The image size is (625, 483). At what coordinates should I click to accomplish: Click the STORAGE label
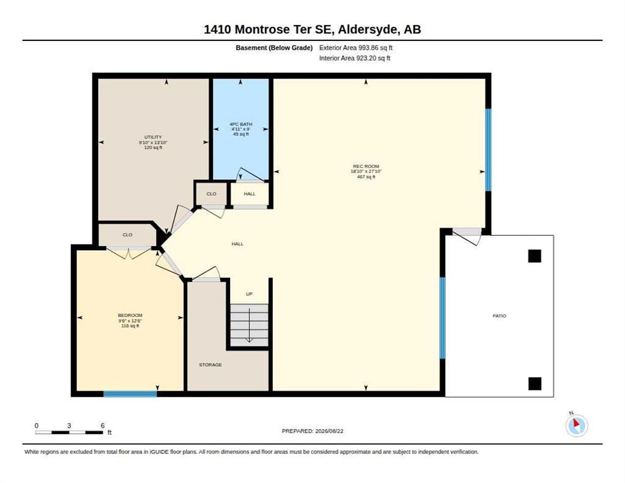point(211,365)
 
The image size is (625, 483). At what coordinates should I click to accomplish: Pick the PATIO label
point(499,316)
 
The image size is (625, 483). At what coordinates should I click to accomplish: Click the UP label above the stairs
point(249,294)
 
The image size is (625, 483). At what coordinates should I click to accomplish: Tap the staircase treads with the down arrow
point(250,325)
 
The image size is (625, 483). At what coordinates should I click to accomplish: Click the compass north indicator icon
point(577,425)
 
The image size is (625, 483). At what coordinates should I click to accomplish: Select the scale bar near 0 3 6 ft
point(69,432)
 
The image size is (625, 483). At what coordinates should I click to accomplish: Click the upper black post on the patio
point(534,256)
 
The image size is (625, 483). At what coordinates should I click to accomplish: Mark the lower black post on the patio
point(534,384)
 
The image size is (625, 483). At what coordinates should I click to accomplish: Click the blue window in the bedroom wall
point(130,394)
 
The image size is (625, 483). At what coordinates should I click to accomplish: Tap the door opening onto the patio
point(467,236)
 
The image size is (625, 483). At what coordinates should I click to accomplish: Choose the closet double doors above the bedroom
point(129,253)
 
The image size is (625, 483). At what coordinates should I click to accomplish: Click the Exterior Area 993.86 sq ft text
point(355,48)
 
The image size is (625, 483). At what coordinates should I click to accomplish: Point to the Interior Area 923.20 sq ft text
point(355,58)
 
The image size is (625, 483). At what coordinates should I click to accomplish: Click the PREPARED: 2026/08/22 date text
point(312,431)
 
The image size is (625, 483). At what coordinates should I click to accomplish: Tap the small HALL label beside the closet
point(250,194)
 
